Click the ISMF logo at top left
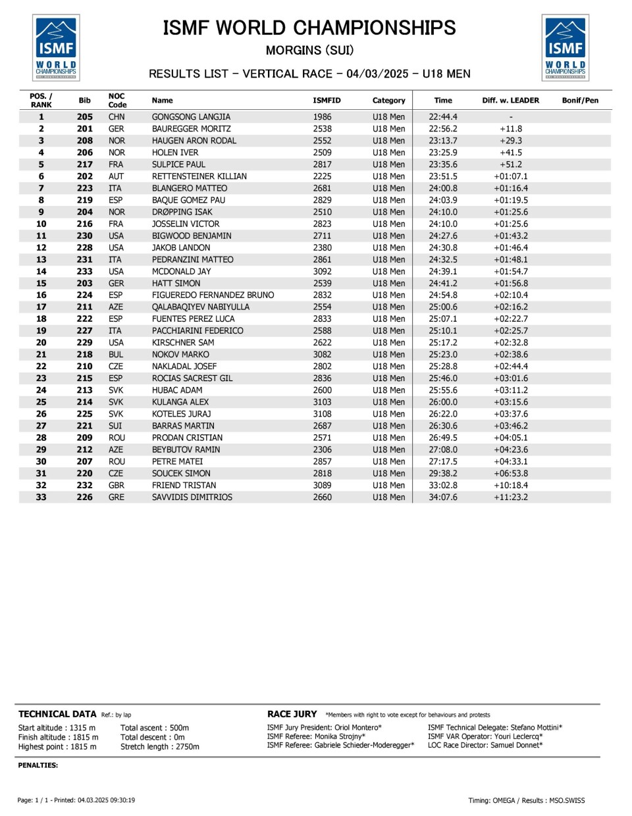click(x=56, y=47)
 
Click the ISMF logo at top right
click(x=566, y=47)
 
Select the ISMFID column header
click(x=327, y=101)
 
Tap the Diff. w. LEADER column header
click(x=510, y=101)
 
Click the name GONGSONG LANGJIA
click(x=191, y=117)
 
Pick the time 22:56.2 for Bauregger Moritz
click(x=443, y=129)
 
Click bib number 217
click(x=85, y=165)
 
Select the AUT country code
click(x=116, y=176)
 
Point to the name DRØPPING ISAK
click(x=182, y=212)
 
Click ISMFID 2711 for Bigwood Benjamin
click(x=322, y=236)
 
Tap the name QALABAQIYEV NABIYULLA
click(x=200, y=307)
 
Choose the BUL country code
click(x=116, y=354)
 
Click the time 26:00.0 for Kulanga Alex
click(x=443, y=402)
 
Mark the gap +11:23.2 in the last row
click(x=511, y=497)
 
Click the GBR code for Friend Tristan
click(x=117, y=485)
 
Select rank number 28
click(x=41, y=438)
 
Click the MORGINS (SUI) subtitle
click(x=309, y=51)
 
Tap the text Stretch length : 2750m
click(x=159, y=747)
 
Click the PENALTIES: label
click(x=38, y=765)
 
